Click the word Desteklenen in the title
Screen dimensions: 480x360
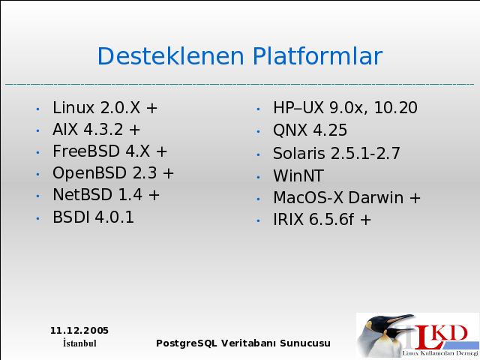[x=171, y=55]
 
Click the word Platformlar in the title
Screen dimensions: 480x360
[x=317, y=55]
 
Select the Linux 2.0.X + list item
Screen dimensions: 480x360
[x=105, y=108]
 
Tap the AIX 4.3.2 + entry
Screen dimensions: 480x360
[x=96, y=129]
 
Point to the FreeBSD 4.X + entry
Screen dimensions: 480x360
[x=110, y=151]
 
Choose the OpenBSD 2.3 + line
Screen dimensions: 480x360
[x=113, y=173]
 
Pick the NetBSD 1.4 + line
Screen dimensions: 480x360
[x=106, y=195]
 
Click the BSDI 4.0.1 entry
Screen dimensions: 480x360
[x=93, y=217]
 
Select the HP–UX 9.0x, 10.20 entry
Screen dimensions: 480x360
[x=345, y=108]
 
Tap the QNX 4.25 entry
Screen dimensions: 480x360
[x=310, y=130]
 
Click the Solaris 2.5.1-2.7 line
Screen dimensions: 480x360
[x=337, y=153]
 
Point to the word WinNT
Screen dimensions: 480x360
[x=298, y=175]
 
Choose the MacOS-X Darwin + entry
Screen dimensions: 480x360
[x=346, y=197]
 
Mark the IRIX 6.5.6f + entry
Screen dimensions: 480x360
[x=322, y=220]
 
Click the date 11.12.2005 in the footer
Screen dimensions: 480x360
[x=79, y=331]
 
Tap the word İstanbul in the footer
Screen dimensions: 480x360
[x=79, y=343]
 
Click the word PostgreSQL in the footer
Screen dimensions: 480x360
[x=187, y=343]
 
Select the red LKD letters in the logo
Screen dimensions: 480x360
[x=440, y=337]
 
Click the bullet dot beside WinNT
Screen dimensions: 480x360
[x=258, y=177]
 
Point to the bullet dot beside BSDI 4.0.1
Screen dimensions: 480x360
[x=38, y=218]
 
